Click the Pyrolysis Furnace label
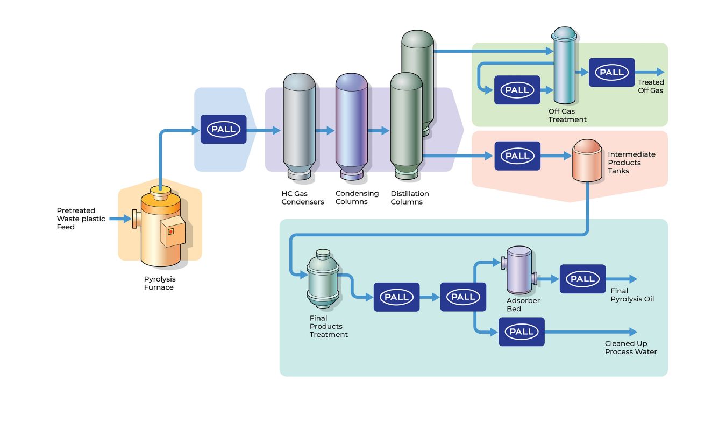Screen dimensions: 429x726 [x=159, y=283]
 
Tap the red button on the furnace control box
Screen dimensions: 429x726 [x=172, y=231]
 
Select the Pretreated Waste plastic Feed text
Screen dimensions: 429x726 [x=81, y=219]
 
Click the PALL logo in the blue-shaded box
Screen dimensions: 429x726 [x=223, y=129]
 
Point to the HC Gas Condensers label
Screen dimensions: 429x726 [x=303, y=198]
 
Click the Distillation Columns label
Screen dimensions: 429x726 [x=410, y=198]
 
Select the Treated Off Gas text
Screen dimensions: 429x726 [x=651, y=86]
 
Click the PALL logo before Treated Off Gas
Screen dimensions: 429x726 [x=611, y=72]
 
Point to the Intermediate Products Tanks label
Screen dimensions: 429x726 [x=631, y=163]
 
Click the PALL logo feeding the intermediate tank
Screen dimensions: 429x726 [x=517, y=156]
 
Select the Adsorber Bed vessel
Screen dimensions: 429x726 [x=519, y=270]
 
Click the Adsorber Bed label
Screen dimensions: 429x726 [x=523, y=305]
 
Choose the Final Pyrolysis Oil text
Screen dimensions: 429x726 [x=632, y=295]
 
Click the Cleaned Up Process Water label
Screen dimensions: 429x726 [x=630, y=348]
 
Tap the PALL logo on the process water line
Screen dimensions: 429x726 [x=521, y=332]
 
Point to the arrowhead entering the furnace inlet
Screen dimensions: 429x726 [x=126, y=219]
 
